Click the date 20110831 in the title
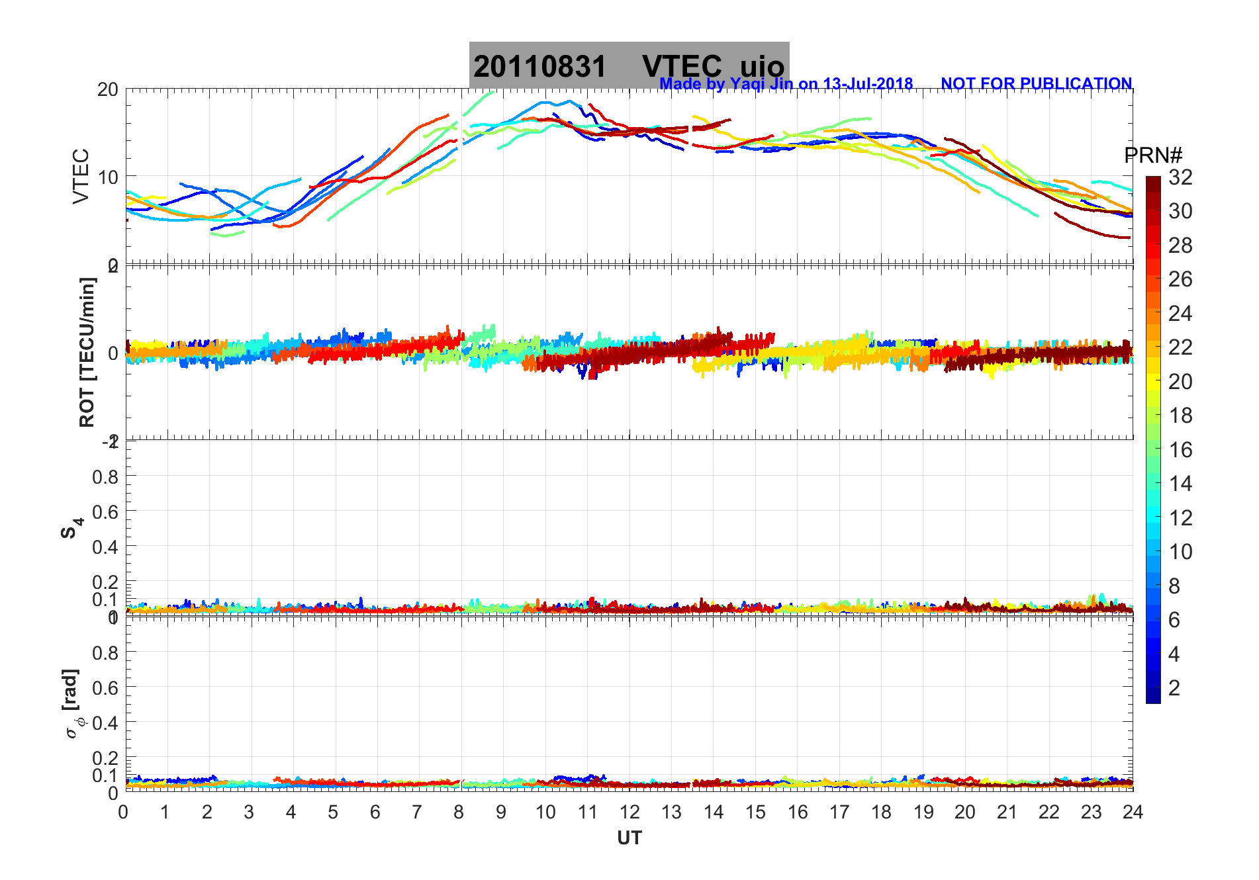pyautogui.click(x=539, y=67)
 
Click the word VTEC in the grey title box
pyautogui.click(x=682, y=67)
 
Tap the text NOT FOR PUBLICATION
pyautogui.click(x=1036, y=84)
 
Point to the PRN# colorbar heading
pyautogui.click(x=1153, y=155)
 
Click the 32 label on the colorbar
pyautogui.click(x=1180, y=177)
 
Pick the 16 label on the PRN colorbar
pyautogui.click(x=1180, y=450)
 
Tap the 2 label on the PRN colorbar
pyautogui.click(x=1174, y=688)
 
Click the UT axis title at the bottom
pyautogui.click(x=629, y=838)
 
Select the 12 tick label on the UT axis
pyautogui.click(x=629, y=812)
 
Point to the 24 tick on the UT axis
pyautogui.click(x=1133, y=812)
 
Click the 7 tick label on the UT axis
pyautogui.click(x=417, y=812)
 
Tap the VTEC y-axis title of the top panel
pyautogui.click(x=80, y=176)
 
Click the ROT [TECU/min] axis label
pyautogui.click(x=87, y=352)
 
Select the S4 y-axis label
pyautogui.click(x=71, y=528)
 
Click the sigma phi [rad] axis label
pyautogui.click(x=73, y=704)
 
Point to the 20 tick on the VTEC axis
pyautogui.click(x=107, y=89)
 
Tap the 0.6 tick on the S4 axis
pyautogui.click(x=105, y=511)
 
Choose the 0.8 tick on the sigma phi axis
pyautogui.click(x=105, y=652)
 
